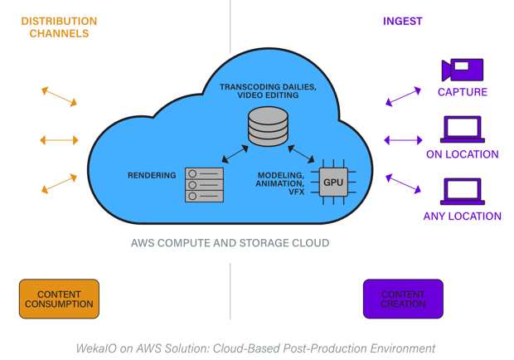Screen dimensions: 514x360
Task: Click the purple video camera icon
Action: (x=463, y=70)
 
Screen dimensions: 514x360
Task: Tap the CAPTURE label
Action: (x=463, y=92)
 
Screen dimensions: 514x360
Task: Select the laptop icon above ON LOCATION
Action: (x=463, y=129)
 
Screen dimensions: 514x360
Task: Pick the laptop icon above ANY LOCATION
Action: (x=463, y=192)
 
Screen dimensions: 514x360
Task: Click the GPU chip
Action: (x=333, y=182)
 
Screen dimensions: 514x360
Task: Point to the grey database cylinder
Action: (x=268, y=126)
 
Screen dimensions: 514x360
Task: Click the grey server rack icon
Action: (x=204, y=185)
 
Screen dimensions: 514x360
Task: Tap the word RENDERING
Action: (x=152, y=175)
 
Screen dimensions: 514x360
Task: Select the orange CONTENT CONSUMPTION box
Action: (x=59, y=299)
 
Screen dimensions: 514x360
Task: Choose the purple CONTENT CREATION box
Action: (x=403, y=299)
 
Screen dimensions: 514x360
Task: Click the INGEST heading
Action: (x=403, y=22)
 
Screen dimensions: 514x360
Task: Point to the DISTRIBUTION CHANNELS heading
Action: (x=59, y=27)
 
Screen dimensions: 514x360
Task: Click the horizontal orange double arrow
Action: (x=59, y=140)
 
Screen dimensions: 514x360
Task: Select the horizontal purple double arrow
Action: (x=403, y=140)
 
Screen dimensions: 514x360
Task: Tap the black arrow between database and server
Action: (x=235, y=154)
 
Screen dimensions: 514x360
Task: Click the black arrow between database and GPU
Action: (x=301, y=154)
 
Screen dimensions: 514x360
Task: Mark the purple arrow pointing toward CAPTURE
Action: (x=403, y=96)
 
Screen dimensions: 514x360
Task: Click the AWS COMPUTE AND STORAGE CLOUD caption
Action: (x=230, y=243)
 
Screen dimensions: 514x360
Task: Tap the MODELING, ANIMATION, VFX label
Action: (x=280, y=183)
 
